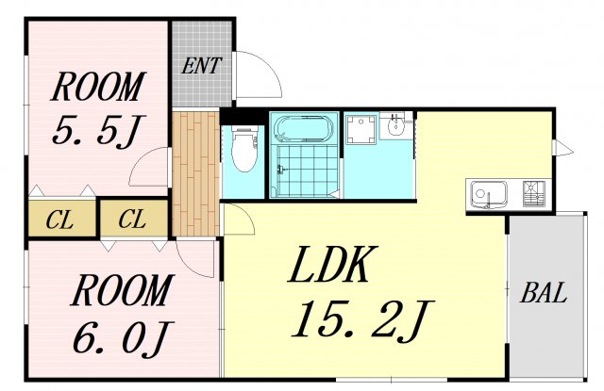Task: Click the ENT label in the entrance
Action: pyautogui.click(x=201, y=66)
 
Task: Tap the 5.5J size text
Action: pyautogui.click(x=98, y=130)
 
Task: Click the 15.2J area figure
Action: pyautogui.click(x=362, y=320)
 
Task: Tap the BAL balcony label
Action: pyautogui.click(x=544, y=293)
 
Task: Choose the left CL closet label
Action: pyautogui.click(x=59, y=220)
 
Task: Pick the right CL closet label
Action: pyautogui.click(x=132, y=220)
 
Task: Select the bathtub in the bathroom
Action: pyautogui.click(x=304, y=129)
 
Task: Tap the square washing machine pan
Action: pyautogui.click(x=361, y=128)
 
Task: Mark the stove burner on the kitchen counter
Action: pyautogui.click(x=534, y=194)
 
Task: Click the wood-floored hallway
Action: pyautogui.click(x=195, y=173)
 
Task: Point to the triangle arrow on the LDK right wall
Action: pyautogui.click(x=563, y=148)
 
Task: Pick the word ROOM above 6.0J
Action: pyautogui.click(x=121, y=290)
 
